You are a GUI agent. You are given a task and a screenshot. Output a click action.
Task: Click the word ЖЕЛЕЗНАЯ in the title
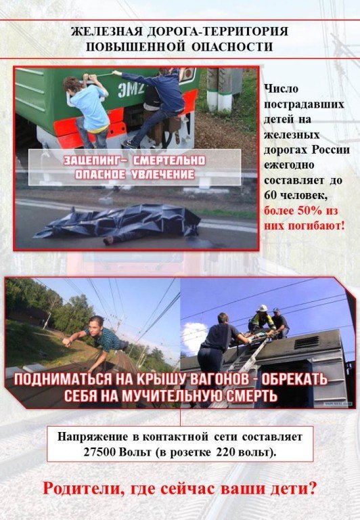[107, 32]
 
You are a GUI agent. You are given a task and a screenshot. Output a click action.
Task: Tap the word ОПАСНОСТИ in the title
[232, 47]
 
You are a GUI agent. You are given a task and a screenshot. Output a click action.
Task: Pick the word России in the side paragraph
[330, 150]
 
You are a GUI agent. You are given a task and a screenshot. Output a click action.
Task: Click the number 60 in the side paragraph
[271, 196]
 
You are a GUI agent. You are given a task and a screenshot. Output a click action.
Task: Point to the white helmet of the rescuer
[263, 308]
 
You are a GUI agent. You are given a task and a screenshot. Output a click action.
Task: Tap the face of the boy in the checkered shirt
[97, 324]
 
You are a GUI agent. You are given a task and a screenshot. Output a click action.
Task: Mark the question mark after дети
[311, 488]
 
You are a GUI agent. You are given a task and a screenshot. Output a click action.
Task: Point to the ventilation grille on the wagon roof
[306, 342]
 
